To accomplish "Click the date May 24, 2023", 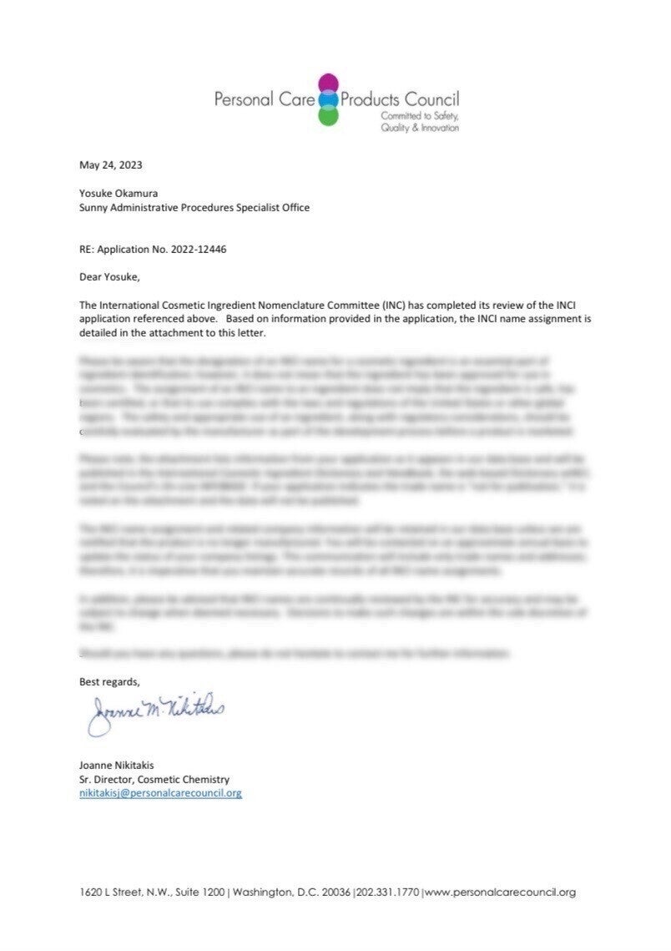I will [x=104, y=164].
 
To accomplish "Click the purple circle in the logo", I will [x=329, y=84].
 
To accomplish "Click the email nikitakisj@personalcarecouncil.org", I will [x=160, y=793].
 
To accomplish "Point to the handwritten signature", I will [x=154, y=712].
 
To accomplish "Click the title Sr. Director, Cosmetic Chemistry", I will [x=154, y=779].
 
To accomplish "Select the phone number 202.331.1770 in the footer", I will [x=389, y=892].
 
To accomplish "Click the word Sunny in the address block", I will [x=94, y=207].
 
